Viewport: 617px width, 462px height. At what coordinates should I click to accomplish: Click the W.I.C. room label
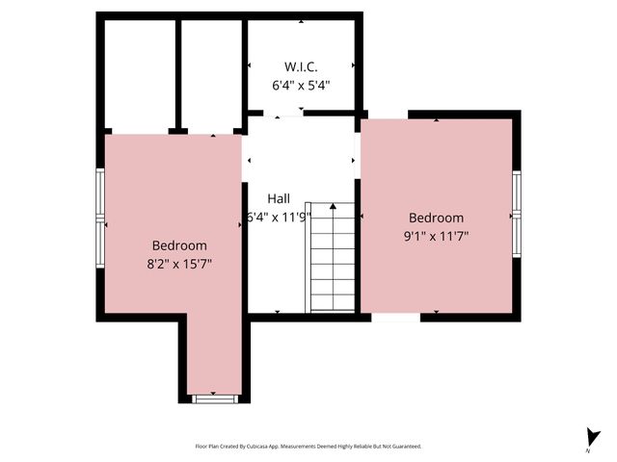click(x=301, y=66)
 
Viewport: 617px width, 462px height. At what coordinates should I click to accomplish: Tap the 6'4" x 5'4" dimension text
click(x=301, y=85)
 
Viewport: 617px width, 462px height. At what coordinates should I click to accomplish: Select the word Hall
click(x=279, y=198)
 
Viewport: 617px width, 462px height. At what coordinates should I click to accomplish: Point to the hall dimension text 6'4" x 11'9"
click(x=279, y=217)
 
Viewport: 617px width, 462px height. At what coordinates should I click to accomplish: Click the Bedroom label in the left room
click(x=179, y=244)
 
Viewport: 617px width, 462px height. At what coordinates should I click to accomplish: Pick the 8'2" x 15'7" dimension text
click(x=179, y=262)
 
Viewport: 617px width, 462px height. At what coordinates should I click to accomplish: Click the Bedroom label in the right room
click(x=436, y=218)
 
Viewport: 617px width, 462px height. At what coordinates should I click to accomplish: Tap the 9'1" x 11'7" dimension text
click(x=436, y=236)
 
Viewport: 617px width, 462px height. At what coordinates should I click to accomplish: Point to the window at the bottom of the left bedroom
click(x=213, y=397)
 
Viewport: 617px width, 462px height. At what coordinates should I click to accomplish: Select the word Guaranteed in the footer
click(x=403, y=447)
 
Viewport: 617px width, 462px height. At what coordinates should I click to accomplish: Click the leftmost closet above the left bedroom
click(x=140, y=73)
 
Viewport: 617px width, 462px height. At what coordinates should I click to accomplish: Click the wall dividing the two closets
click(x=178, y=73)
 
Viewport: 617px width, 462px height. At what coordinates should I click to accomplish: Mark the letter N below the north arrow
click(x=587, y=450)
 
